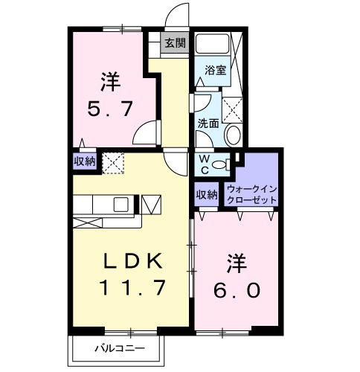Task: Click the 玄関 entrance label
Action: click(x=175, y=42)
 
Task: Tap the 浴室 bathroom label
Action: click(x=214, y=73)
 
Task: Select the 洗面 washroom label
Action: click(x=208, y=123)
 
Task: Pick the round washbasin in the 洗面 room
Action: click(x=232, y=135)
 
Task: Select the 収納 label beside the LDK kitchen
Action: click(x=84, y=161)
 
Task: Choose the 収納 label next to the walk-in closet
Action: click(x=207, y=194)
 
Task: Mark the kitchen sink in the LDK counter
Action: click(x=121, y=203)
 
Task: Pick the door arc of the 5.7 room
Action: click(x=147, y=132)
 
